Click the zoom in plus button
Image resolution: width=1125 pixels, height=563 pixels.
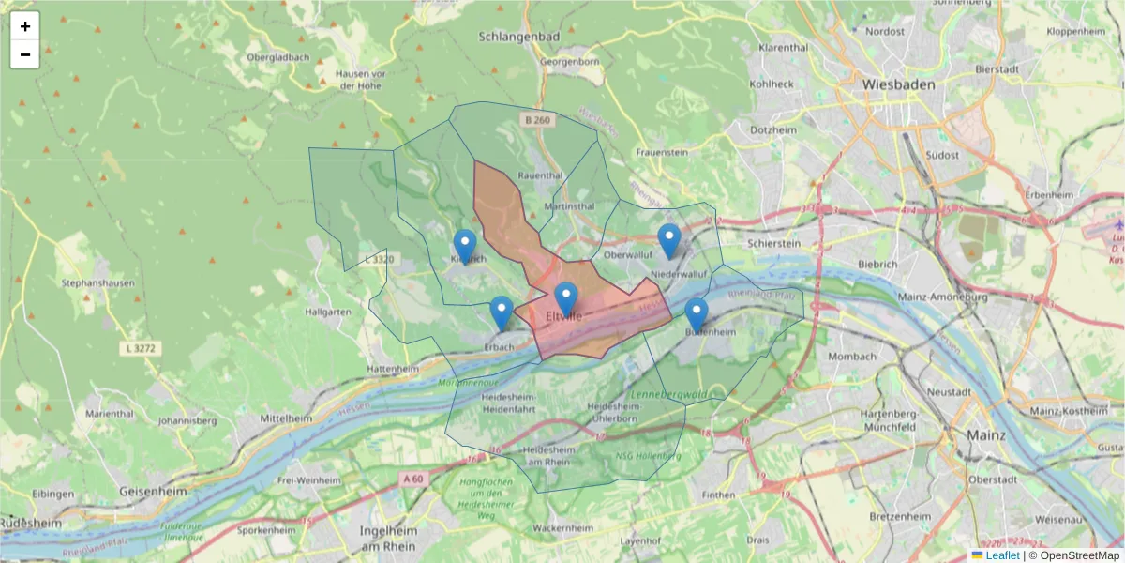tap(25, 26)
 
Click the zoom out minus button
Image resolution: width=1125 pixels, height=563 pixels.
tap(25, 54)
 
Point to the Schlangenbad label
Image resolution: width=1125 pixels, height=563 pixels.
tap(518, 37)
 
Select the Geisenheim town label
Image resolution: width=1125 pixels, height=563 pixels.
tap(157, 491)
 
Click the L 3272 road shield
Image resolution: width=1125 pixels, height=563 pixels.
tap(139, 348)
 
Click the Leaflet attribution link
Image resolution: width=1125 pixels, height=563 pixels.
tap(1001, 555)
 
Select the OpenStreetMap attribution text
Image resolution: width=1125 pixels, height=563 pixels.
tap(1074, 555)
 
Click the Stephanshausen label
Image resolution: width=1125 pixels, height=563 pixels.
tap(97, 281)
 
